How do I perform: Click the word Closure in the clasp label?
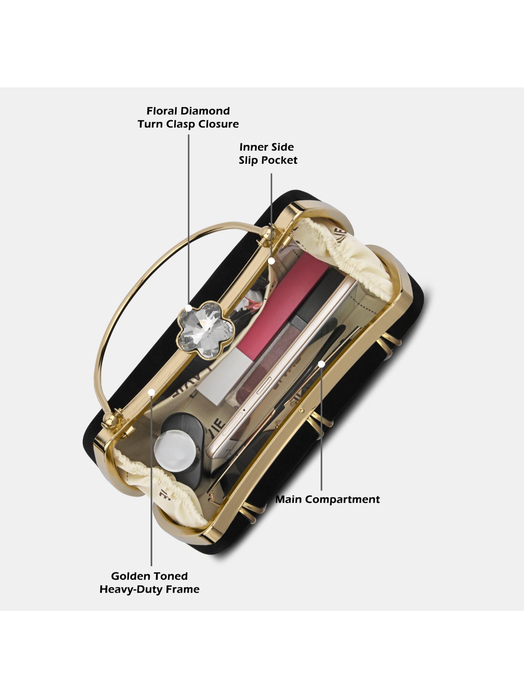pos(218,124)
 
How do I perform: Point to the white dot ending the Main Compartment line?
pos(321,364)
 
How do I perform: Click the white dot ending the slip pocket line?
pos(272,260)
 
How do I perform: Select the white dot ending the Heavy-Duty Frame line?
pos(151,392)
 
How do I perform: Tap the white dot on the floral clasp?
pos(189,309)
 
